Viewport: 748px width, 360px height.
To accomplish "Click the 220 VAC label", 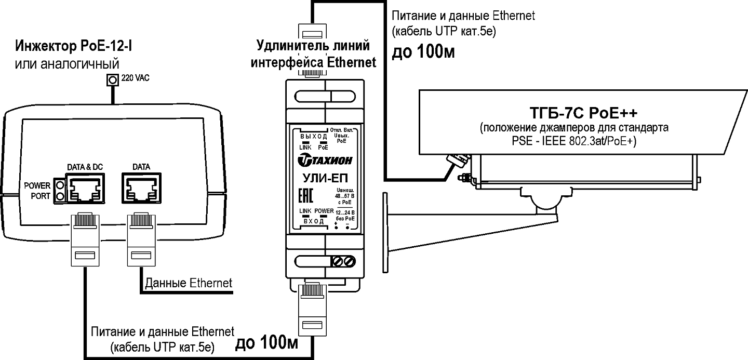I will [134, 79].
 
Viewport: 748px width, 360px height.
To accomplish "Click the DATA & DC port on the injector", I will [85, 189].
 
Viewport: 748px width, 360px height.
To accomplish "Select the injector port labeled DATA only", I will [138, 189].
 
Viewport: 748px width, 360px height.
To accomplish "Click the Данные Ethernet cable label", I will [189, 283].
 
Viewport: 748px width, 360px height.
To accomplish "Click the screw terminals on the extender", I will [343, 261].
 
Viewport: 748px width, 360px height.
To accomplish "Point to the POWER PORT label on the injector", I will [37, 191].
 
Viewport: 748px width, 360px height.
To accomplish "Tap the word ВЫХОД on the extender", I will [314, 136].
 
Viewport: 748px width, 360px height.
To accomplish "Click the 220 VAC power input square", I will [111, 80].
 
